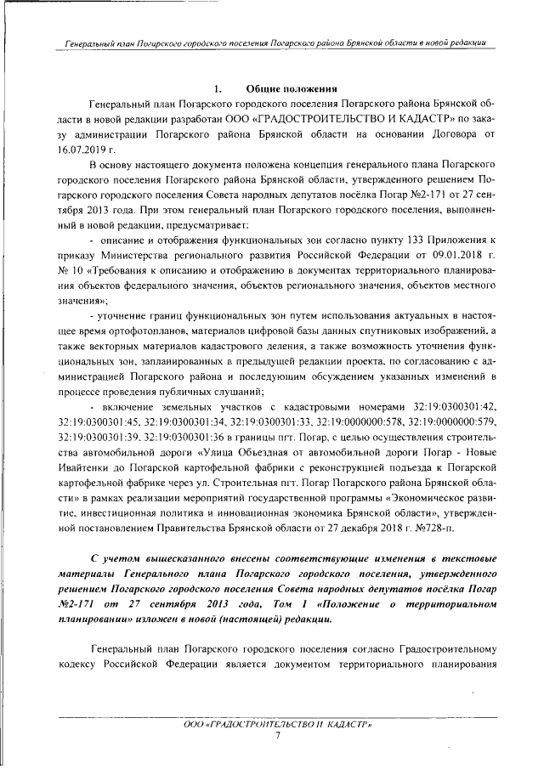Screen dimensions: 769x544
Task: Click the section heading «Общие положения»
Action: [x=293, y=88]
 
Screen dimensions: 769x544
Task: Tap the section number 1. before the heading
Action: [x=218, y=88]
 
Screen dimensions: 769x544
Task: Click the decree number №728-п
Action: [x=433, y=529]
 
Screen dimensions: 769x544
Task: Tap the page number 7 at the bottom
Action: [x=278, y=735]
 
